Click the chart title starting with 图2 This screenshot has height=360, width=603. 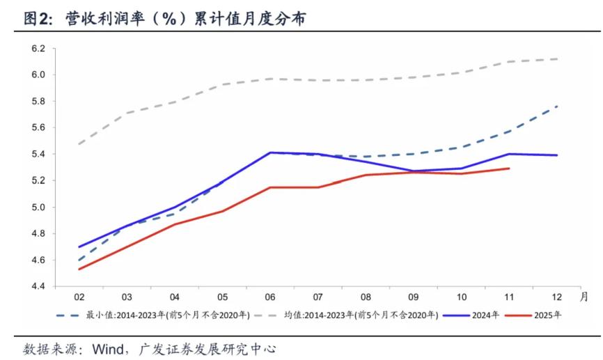pos(165,19)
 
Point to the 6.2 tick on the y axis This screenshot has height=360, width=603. pos(38,49)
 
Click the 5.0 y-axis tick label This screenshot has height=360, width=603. pos(38,208)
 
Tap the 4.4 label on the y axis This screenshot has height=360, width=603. pos(38,286)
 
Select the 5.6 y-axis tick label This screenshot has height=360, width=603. pos(38,128)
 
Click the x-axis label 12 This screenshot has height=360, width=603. pos(558,296)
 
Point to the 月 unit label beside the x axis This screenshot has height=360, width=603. pos(584,295)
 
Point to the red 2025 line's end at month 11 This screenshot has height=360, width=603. pos(509,168)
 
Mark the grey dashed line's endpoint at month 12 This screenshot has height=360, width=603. pos(558,58)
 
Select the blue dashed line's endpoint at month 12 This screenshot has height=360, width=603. pos(558,106)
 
